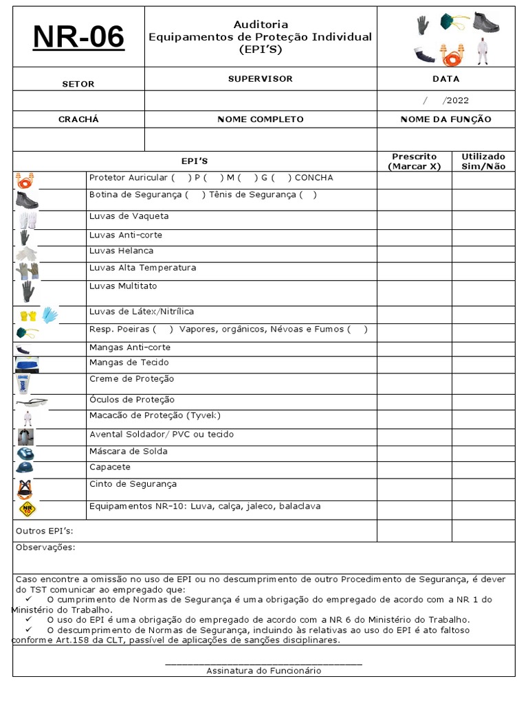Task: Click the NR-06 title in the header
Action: [78, 37]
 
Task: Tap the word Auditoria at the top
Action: [261, 24]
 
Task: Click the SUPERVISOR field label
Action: [260, 79]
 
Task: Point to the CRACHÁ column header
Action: [78, 119]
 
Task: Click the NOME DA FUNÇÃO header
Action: [445, 119]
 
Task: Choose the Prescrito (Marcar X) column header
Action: [414, 161]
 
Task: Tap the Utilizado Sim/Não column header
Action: [483, 161]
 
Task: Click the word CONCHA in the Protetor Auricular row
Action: [313, 178]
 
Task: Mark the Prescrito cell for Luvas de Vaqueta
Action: [414, 220]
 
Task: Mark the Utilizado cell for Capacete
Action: [483, 470]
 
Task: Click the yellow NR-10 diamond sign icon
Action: [27, 509]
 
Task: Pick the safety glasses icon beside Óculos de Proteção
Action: [31, 402]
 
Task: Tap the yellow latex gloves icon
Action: [28, 316]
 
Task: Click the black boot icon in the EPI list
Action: [27, 199]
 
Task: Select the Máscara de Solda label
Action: [128, 452]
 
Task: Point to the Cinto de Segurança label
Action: [133, 484]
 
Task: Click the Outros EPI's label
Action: [44, 531]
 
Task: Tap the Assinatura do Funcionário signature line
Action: [263, 663]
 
